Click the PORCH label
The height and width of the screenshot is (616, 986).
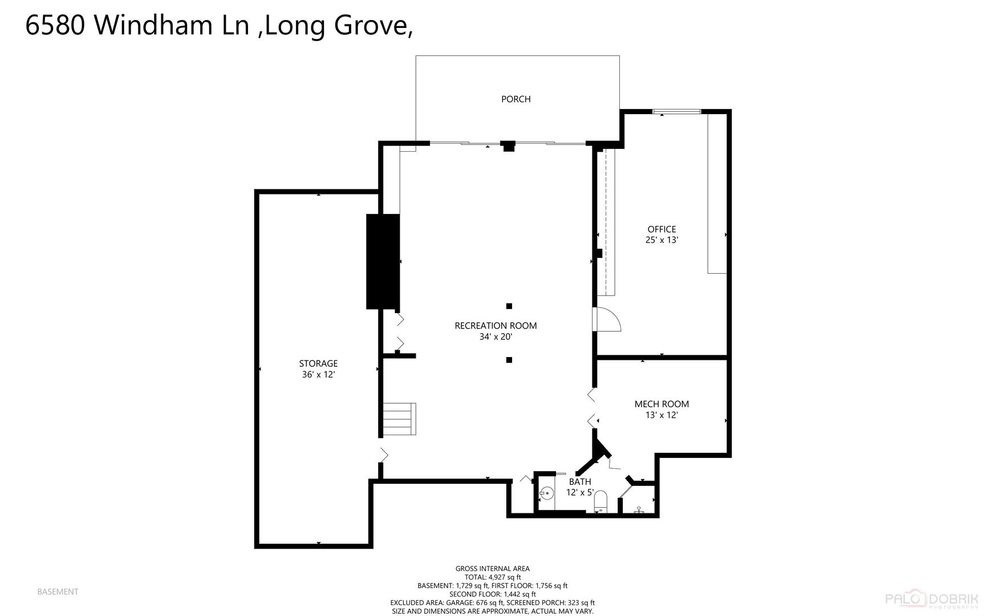tap(516, 99)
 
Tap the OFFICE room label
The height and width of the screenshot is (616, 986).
tap(662, 229)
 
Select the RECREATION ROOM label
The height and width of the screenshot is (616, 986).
tap(496, 326)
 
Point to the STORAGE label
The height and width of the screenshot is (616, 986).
tap(318, 363)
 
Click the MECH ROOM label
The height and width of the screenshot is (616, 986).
tap(662, 404)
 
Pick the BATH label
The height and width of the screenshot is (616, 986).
tap(580, 482)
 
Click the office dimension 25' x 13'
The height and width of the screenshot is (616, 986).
tap(662, 240)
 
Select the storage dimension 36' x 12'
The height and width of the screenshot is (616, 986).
tap(318, 375)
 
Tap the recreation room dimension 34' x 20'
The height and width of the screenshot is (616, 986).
tap(496, 337)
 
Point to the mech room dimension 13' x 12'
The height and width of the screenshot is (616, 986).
tap(662, 415)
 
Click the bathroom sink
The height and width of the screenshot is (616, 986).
tap(547, 492)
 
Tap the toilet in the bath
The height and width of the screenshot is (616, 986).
tap(600, 502)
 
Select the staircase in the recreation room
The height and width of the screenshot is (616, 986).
tap(399, 419)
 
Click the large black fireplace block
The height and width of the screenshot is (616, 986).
tap(383, 262)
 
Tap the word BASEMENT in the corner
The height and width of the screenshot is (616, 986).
tap(58, 592)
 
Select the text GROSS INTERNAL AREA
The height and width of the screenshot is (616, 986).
tap(492, 569)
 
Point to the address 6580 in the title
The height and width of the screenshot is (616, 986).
tap(55, 25)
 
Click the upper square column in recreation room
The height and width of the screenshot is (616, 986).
tap(509, 306)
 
